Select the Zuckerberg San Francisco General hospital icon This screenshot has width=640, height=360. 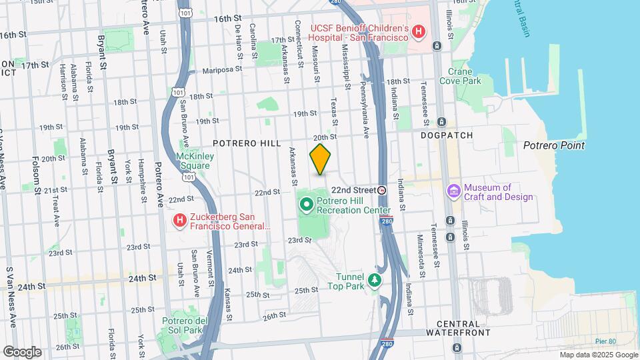[179, 219]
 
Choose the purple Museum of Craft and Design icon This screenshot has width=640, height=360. [454, 191]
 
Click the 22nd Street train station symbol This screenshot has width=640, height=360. [382, 190]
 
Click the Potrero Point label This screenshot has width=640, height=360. [553, 145]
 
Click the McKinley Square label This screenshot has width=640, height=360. [193, 161]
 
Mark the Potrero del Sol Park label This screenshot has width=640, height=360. [181, 325]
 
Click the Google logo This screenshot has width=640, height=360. [21, 351]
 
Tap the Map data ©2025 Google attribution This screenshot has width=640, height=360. [598, 355]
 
